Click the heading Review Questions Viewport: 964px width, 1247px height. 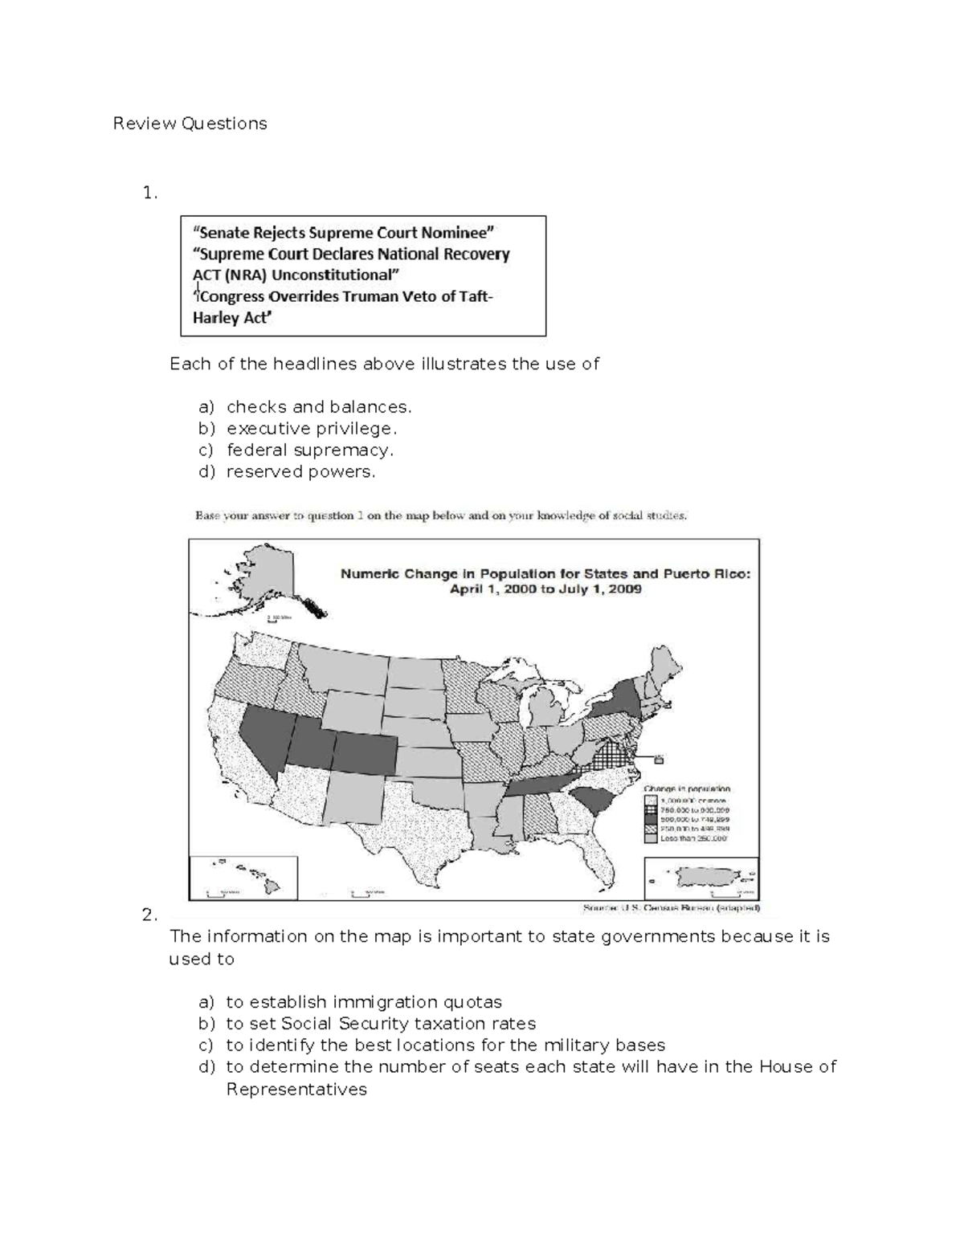tap(190, 124)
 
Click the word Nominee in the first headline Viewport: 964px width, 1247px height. tap(458, 233)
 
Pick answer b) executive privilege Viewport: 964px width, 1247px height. tap(312, 429)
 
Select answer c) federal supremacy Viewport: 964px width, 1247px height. tap(310, 450)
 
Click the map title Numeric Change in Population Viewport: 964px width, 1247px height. tap(546, 574)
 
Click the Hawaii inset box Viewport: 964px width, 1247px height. tap(243, 877)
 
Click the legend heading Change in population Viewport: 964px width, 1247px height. tap(687, 789)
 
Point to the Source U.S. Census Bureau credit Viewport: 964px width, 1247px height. tap(671, 909)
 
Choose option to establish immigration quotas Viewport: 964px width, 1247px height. tap(364, 1002)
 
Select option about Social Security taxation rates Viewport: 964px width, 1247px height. tap(381, 1024)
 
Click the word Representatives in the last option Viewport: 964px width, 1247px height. tap(296, 1090)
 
